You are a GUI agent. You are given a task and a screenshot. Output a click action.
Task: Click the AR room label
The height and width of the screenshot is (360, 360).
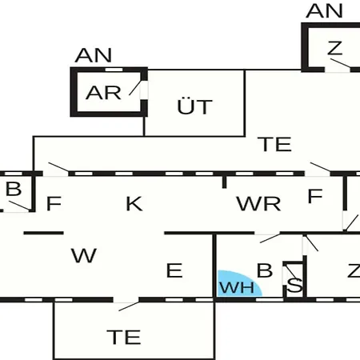coord(103,93)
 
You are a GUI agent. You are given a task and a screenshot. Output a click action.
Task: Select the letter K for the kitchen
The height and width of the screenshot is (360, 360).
coord(134,204)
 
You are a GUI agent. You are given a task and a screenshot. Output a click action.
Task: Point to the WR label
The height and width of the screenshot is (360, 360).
coord(258,204)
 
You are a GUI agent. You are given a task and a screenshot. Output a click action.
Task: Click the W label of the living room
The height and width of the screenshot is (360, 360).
coord(84,255)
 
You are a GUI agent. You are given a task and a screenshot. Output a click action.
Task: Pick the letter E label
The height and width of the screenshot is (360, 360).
coord(174,270)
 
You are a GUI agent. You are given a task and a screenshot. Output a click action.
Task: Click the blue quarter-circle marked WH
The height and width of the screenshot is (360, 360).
coord(238,284)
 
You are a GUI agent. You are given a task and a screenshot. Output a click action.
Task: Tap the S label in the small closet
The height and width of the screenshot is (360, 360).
coord(294,285)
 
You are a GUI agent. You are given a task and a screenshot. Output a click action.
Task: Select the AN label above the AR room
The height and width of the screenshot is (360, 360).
coord(93,55)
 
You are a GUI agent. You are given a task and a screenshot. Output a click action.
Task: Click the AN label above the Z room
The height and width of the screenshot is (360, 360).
coord(324,11)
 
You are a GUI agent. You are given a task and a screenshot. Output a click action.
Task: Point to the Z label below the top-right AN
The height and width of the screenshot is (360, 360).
coord(335,48)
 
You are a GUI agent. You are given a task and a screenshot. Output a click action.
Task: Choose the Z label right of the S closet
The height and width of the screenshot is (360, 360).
coord(354,270)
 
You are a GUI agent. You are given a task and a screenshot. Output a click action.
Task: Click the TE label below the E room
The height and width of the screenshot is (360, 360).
coord(124,337)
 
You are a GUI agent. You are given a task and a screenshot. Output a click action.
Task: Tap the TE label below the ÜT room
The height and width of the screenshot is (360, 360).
coord(274,144)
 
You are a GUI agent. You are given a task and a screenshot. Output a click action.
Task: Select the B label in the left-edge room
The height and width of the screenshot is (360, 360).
coord(14,189)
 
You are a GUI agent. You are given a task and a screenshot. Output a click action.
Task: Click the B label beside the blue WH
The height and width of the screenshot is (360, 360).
coord(265,270)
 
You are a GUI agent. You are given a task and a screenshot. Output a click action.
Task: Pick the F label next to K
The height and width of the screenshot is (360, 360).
coord(54,203)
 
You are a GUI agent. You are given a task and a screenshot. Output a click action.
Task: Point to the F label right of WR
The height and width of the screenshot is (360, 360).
coord(315,196)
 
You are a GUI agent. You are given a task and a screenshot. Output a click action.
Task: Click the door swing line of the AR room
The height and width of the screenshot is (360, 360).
coord(135,87)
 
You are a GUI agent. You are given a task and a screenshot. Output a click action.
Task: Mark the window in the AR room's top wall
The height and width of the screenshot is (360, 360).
coord(114,70)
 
